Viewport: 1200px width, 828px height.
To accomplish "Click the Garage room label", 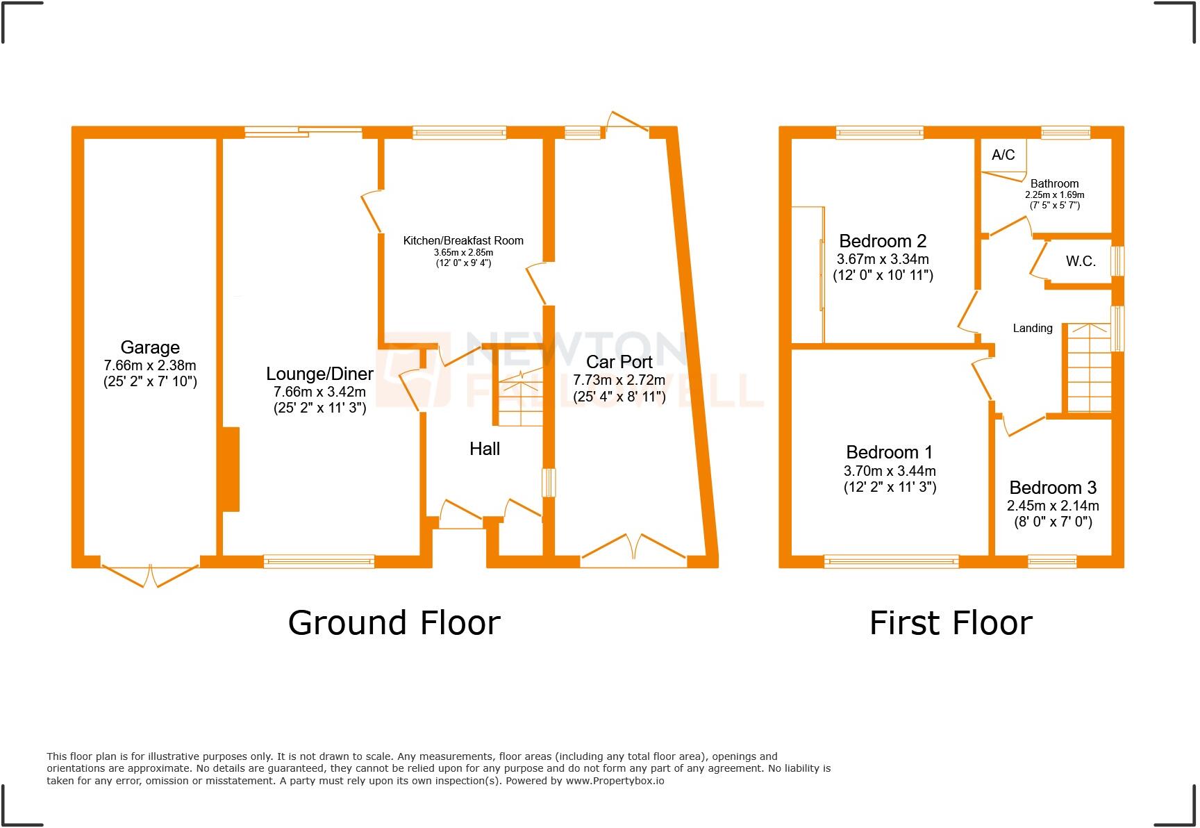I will (x=150, y=347).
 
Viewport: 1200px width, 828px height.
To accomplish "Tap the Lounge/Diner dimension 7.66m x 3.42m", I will (x=319, y=392).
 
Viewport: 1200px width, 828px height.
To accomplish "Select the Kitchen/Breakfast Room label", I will (x=463, y=240).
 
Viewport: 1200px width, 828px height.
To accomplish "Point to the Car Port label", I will (x=619, y=362).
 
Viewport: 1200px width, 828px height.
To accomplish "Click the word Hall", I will (x=485, y=449).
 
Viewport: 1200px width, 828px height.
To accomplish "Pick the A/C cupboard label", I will (x=1003, y=155).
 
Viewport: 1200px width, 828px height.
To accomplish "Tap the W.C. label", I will (x=1081, y=261).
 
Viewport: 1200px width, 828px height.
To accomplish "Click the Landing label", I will (x=1032, y=328).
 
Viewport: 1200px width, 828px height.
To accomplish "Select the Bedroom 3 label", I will (x=1053, y=488).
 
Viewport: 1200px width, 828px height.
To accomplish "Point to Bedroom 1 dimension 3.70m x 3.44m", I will (x=890, y=471).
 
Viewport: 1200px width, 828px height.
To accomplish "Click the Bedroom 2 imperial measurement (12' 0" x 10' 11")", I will (x=883, y=275).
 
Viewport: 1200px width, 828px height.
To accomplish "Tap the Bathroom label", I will (x=1054, y=184).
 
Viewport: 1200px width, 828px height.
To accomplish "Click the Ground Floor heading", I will (x=394, y=622).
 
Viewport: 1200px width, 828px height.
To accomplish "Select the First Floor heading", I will (x=951, y=622).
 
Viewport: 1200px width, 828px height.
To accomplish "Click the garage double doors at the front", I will (x=151, y=574).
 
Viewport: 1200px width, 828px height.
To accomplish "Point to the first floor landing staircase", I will (x=1088, y=368).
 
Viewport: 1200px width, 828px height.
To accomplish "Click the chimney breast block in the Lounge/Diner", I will (x=231, y=470).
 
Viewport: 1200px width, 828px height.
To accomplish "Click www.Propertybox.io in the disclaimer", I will (x=615, y=781).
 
